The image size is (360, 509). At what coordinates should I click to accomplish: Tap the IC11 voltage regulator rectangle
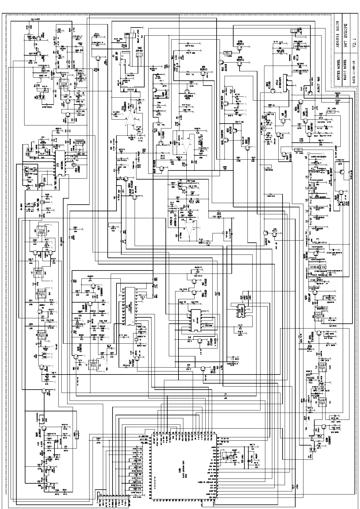point(286,85)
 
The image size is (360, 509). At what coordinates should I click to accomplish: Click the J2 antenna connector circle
point(309,154)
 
